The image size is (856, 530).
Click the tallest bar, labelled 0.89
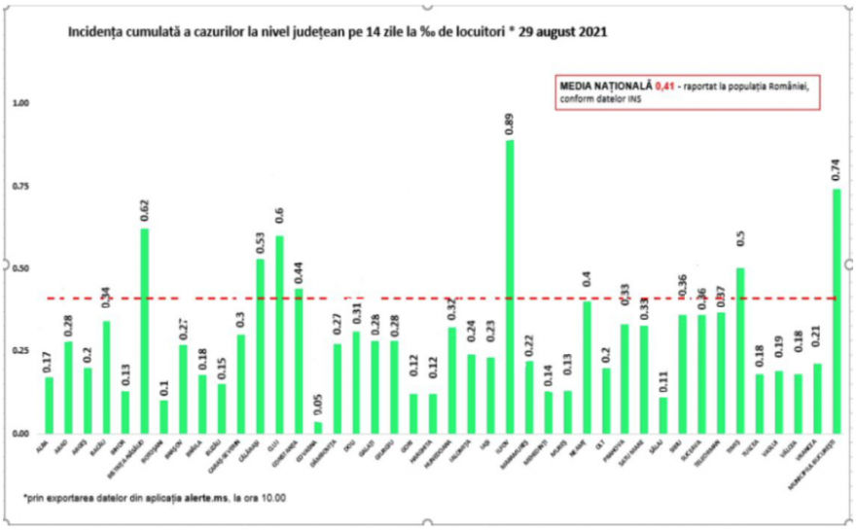[x=510, y=287]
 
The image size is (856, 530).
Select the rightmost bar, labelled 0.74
[x=837, y=311]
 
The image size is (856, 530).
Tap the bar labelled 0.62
[x=145, y=331]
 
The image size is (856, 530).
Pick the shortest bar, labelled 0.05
[x=318, y=427]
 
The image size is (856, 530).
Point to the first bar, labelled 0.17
[x=50, y=405]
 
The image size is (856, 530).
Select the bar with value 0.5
[x=740, y=350]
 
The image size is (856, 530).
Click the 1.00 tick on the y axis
[x=20, y=103]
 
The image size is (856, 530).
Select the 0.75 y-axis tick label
[x=20, y=186]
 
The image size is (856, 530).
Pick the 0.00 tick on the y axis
[x=20, y=433]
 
